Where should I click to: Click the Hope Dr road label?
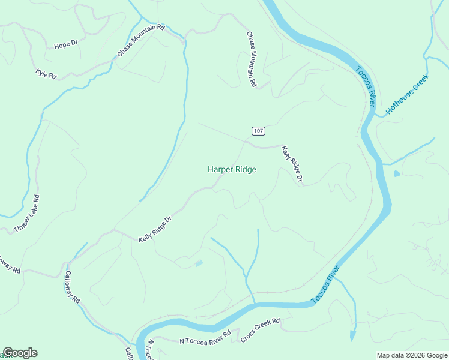pyautogui.click(x=66, y=44)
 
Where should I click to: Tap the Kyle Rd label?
pyautogui.click(x=46, y=74)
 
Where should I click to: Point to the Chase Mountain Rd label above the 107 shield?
pyautogui.click(x=252, y=60)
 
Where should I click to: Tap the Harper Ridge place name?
pyautogui.click(x=232, y=170)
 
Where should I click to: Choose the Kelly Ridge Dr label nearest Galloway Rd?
pyautogui.click(x=155, y=229)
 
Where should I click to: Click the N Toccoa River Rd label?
pyautogui.click(x=205, y=337)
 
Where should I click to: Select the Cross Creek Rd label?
pyautogui.click(x=261, y=330)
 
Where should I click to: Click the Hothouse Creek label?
pyautogui.click(x=408, y=95)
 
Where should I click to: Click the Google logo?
pyautogui.click(x=20, y=353)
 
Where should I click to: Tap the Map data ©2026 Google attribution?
pyautogui.click(x=412, y=355)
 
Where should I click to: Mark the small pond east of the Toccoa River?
pyautogui.click(x=397, y=174)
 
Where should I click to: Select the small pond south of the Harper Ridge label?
pyautogui.click(x=199, y=263)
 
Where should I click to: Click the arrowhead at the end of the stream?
pyautogui.click(x=353, y=336)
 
